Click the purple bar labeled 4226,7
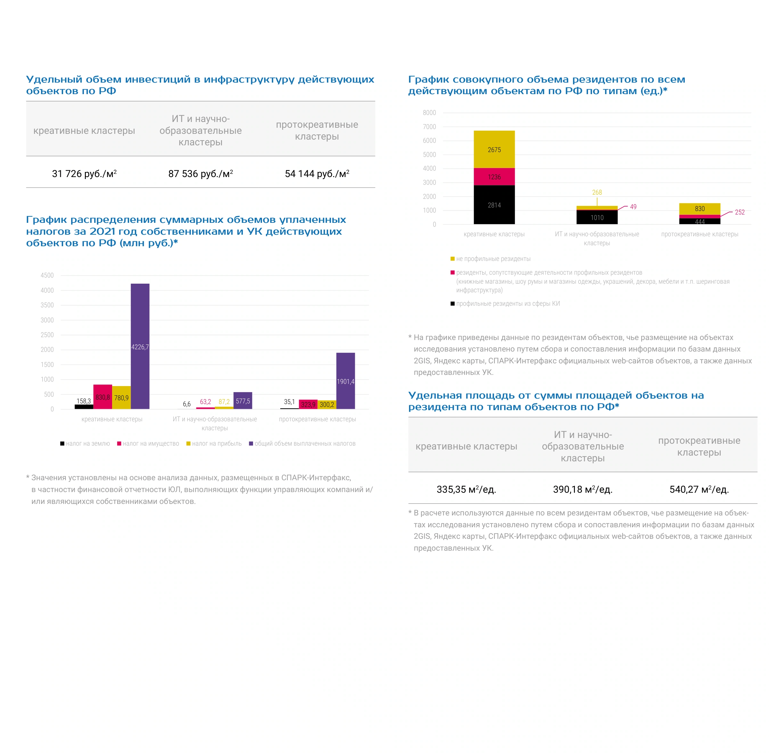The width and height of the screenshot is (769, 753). pyautogui.click(x=140, y=346)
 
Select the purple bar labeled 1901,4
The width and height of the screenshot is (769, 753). pyautogui.click(x=345, y=380)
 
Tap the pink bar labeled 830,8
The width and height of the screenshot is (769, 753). pyautogui.click(x=103, y=397)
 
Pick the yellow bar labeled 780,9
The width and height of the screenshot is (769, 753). pyautogui.click(x=121, y=397)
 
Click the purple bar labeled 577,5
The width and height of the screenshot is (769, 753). pyautogui.click(x=243, y=400)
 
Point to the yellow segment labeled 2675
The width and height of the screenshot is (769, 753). pyautogui.click(x=494, y=149)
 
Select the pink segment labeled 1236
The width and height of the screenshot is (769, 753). pyautogui.click(x=494, y=177)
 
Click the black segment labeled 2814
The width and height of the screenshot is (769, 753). pyautogui.click(x=494, y=205)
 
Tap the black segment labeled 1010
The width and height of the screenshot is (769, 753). pyautogui.click(x=597, y=217)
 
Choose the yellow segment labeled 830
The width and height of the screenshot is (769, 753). pyautogui.click(x=699, y=209)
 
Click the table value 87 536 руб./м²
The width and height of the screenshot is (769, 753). pyautogui.click(x=200, y=174)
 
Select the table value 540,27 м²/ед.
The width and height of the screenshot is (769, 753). pyautogui.click(x=699, y=489)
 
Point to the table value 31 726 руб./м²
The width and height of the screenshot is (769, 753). pyautogui.click(x=84, y=174)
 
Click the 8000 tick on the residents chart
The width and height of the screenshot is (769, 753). pyautogui.click(x=429, y=113)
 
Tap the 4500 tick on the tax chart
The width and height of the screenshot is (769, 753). pyautogui.click(x=47, y=275)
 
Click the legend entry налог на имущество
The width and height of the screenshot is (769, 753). pyautogui.click(x=148, y=443)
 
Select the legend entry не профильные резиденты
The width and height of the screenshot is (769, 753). pyautogui.click(x=491, y=259)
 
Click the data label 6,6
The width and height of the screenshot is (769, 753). pyautogui.click(x=187, y=404)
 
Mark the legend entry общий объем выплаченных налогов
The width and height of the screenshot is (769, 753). pyautogui.click(x=302, y=443)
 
